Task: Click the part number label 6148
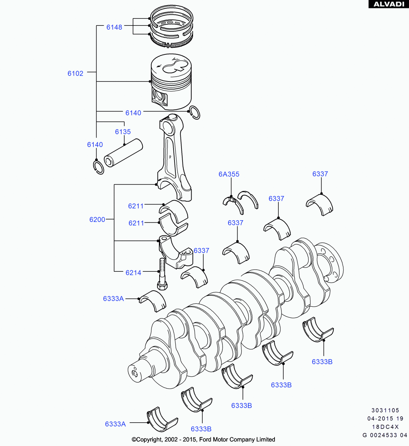pos(114,27)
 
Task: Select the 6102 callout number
pos(75,73)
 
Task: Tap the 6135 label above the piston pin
pos(123,132)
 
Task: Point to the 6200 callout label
pos(97,220)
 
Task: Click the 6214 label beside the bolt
pos(133,273)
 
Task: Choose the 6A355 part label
pos(229,174)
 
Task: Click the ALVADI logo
pos(388,4)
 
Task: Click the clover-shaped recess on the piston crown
pos(173,66)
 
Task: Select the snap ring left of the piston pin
pos(99,167)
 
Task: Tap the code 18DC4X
pos(385,427)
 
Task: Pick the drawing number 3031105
pos(385,410)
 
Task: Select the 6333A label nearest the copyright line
pos(115,424)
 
